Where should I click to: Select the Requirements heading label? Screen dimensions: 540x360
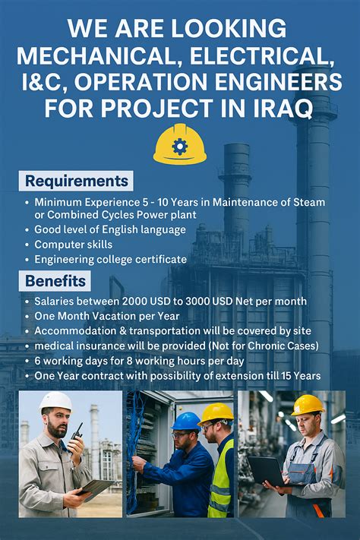[76, 181]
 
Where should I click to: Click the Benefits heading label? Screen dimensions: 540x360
[55, 282]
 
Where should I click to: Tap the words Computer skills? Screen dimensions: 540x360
[73, 245]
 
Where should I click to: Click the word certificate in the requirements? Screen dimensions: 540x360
[159, 260]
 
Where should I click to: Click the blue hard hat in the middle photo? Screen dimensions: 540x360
[185, 422]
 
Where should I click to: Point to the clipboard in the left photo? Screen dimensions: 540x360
[99, 488]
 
